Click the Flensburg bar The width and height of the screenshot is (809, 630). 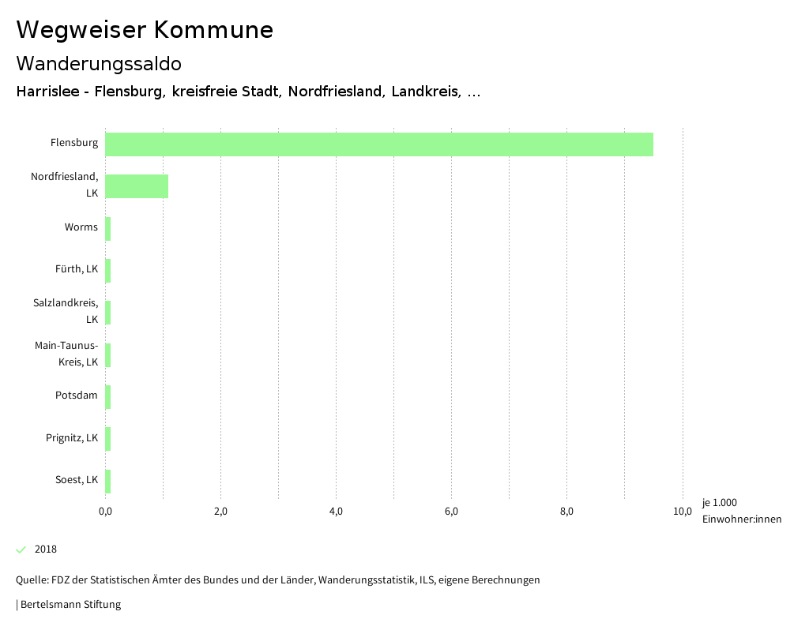[379, 144]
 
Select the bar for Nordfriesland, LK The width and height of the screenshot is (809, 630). [137, 186]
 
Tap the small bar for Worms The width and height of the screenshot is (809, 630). [108, 229]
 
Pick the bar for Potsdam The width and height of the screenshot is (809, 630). [108, 397]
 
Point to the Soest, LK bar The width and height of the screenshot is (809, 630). [108, 482]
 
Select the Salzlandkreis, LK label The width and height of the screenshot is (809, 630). [66, 311]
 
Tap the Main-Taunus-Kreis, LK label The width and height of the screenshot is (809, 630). [66, 354]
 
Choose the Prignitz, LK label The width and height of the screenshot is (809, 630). [72, 437]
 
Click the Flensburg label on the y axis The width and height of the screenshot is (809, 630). [74, 143]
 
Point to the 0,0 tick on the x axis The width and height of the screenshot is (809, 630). [105, 512]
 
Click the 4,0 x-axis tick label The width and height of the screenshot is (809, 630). [336, 512]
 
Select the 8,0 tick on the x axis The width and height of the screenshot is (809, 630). [566, 512]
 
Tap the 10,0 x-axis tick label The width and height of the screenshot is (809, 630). [682, 512]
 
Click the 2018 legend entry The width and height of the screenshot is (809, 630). [46, 549]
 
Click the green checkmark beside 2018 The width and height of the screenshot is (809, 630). [21, 549]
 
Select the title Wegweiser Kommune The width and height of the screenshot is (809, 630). [145, 30]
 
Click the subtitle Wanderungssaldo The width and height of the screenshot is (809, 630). [99, 63]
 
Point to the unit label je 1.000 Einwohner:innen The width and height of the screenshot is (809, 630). [741, 511]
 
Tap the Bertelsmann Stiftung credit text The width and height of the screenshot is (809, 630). [70, 605]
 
